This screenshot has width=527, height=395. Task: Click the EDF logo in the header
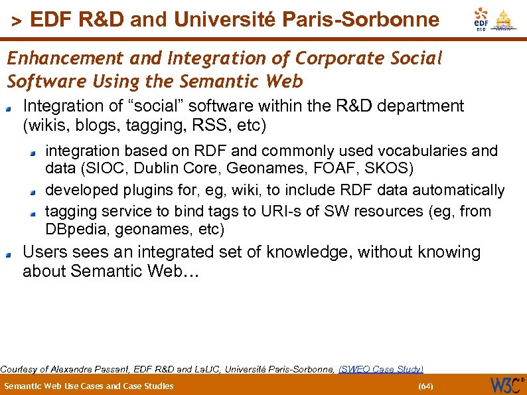pos(481,18)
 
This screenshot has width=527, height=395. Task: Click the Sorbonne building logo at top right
pos(505,19)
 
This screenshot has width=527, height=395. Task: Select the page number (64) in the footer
pos(425,386)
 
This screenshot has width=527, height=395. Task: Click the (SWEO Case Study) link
pos(381,369)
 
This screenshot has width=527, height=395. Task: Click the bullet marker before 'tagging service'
pos(33,213)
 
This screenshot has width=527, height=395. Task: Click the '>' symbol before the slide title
pos(17,22)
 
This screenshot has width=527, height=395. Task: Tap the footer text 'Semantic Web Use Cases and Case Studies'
pos(89,386)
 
